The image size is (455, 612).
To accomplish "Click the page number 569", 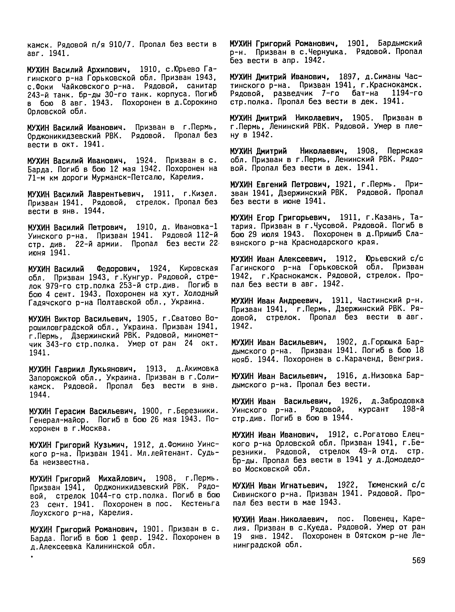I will coord(419,561).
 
